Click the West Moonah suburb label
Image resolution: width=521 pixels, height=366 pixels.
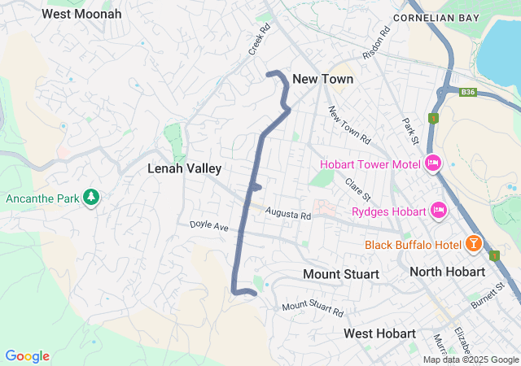pos(81,14)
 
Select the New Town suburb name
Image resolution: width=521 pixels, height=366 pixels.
pos(322,79)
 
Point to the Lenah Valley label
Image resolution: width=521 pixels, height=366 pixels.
pos(184,168)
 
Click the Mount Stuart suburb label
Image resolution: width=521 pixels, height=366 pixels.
pos(340,274)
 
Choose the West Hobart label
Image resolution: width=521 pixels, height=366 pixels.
pos(379,333)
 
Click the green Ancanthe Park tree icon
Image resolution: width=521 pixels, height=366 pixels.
pos(92,198)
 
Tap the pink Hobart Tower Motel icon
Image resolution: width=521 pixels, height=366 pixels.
pos(433,163)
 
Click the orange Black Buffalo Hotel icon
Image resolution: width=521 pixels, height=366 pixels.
pos(473,243)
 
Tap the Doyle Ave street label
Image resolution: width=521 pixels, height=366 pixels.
pos(209,225)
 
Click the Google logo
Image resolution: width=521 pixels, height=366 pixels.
pos(27,356)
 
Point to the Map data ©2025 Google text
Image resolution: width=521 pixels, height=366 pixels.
pos(470,359)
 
